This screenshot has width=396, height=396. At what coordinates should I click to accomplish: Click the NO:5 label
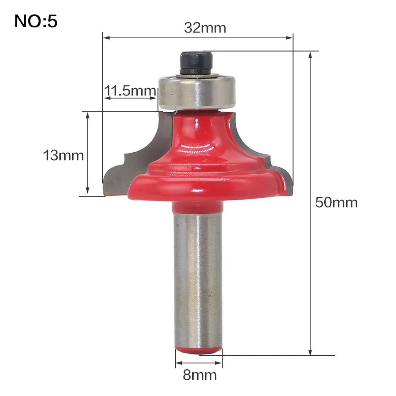click(x=36, y=21)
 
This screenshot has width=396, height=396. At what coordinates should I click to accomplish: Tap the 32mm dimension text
click(x=205, y=28)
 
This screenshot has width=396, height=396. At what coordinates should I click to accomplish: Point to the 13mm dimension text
click(x=63, y=155)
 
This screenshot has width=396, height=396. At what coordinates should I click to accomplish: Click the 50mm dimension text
click(x=337, y=202)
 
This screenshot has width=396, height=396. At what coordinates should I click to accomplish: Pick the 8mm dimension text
click(x=200, y=375)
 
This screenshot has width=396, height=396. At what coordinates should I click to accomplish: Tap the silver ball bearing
click(x=197, y=93)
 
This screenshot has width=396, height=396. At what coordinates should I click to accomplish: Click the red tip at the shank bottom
click(x=198, y=350)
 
